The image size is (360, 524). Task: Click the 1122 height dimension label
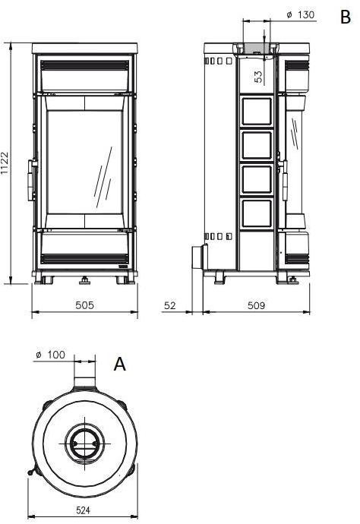pos(6,163)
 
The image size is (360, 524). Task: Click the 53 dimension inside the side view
pos(257,76)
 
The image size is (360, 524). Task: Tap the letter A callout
pos(119,365)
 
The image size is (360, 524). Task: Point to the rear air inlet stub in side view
pos(197,257)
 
